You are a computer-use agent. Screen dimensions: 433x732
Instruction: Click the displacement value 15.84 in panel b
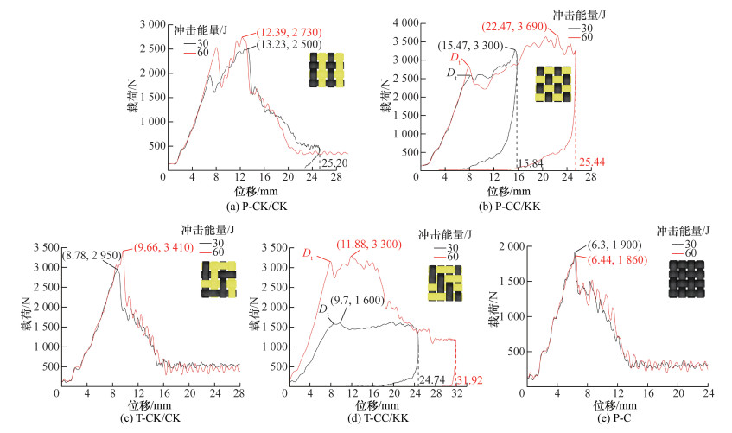pyautogui.click(x=530, y=163)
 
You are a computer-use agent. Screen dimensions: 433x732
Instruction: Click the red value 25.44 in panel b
pyautogui.click(x=592, y=163)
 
